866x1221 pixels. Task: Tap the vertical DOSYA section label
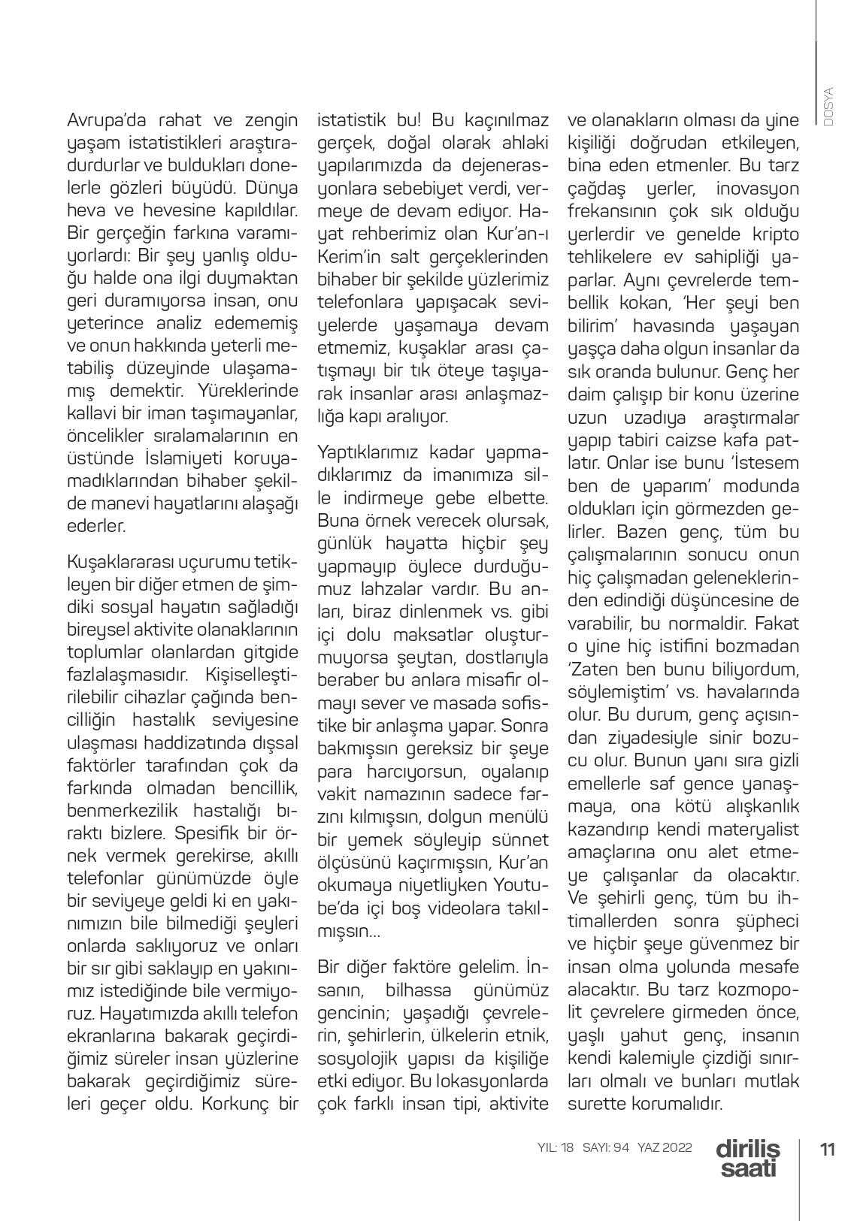click(828, 104)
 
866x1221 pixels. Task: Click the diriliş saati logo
click(748, 1158)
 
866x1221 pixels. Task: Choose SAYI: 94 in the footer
click(605, 1147)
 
